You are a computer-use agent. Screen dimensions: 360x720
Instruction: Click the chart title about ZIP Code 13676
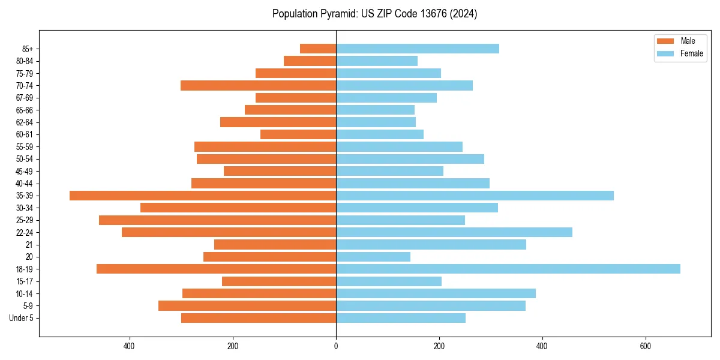[x=374, y=14]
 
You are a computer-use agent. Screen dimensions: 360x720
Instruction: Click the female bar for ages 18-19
[x=508, y=269]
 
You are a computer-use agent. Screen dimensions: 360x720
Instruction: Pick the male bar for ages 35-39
[x=203, y=196]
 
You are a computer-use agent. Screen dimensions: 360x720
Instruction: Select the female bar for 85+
[x=417, y=49]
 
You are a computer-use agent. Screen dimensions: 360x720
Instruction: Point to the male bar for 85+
[x=318, y=49]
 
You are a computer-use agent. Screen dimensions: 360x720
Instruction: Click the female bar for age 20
[x=373, y=257]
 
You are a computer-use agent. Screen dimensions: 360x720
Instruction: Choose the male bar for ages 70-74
[x=258, y=85]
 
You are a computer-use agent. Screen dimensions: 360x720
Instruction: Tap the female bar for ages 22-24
[x=454, y=232]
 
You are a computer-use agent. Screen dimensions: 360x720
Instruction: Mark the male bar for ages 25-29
[x=217, y=220]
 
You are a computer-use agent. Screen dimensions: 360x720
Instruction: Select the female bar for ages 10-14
[x=436, y=293]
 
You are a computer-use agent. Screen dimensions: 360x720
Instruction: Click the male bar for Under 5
[x=259, y=318]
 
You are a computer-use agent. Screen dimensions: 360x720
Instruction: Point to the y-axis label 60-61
[x=25, y=134]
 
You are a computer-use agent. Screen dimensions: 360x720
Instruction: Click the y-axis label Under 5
[x=22, y=318]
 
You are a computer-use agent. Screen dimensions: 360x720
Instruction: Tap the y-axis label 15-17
[x=25, y=281]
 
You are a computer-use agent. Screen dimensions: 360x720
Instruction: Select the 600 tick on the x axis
[x=646, y=346]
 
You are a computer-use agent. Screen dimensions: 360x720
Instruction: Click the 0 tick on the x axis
[x=336, y=346]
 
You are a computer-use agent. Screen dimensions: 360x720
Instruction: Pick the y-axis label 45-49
[x=25, y=171]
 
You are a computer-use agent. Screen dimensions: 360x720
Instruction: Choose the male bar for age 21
[x=275, y=245]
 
